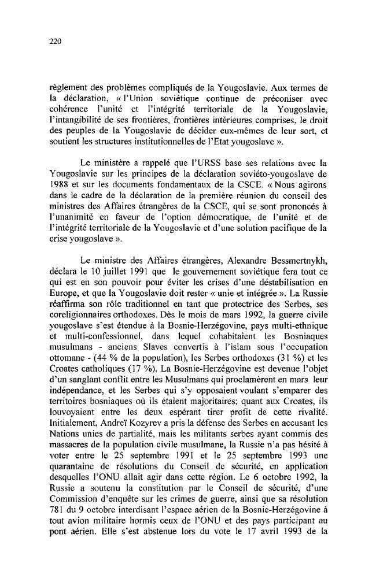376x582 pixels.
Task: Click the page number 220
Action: (56, 41)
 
